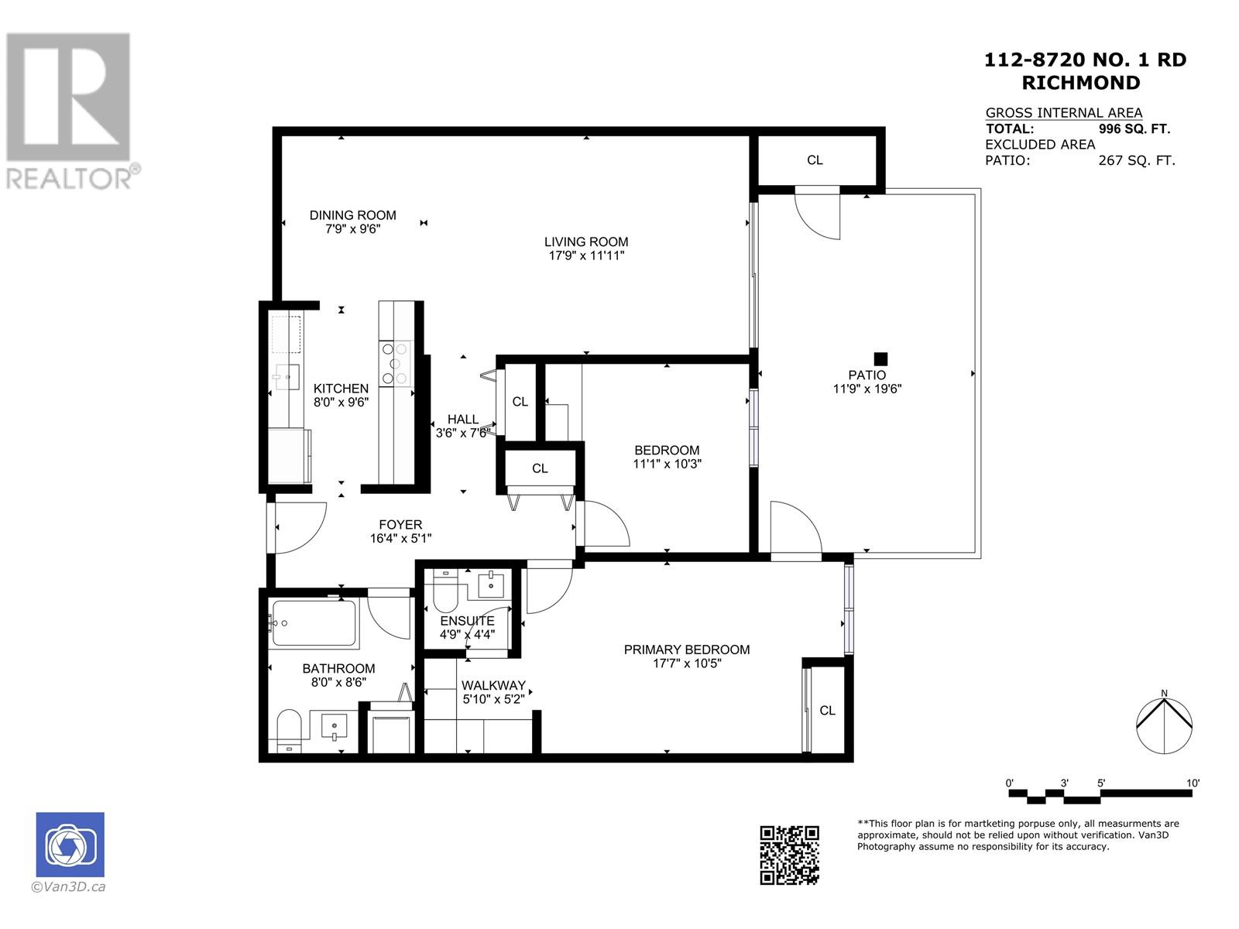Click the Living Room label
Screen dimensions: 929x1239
(585, 242)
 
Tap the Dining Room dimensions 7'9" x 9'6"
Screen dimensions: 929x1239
(353, 229)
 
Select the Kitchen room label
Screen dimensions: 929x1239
(341, 389)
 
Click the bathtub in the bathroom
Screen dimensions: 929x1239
(314, 623)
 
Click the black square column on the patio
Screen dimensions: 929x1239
(880, 358)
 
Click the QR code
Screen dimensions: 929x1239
(789, 855)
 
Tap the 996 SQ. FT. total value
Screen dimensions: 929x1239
(1134, 129)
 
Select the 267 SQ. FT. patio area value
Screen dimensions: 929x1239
(1136, 161)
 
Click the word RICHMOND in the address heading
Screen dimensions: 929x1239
(1081, 83)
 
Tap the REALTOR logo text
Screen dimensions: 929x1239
(68, 179)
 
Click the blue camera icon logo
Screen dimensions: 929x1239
(70, 845)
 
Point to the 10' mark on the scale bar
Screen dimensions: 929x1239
(1193, 783)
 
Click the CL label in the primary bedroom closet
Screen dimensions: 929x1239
(827, 711)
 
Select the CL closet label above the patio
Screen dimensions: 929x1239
(815, 160)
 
